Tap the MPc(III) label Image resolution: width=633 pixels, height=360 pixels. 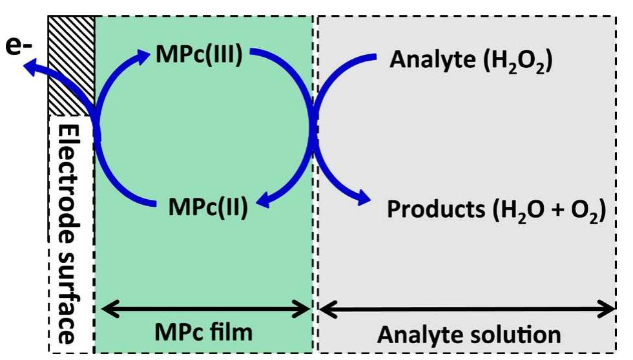(199, 54)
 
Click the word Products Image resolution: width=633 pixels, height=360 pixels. (436, 209)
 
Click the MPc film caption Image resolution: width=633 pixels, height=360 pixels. (203, 332)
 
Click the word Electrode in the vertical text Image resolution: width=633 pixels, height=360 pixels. (70, 184)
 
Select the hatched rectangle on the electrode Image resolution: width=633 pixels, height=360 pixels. (72, 65)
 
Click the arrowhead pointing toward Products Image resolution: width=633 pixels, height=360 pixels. (363, 198)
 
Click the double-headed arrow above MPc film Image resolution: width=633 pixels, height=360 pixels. (205, 309)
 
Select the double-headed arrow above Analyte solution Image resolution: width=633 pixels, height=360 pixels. (466, 310)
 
